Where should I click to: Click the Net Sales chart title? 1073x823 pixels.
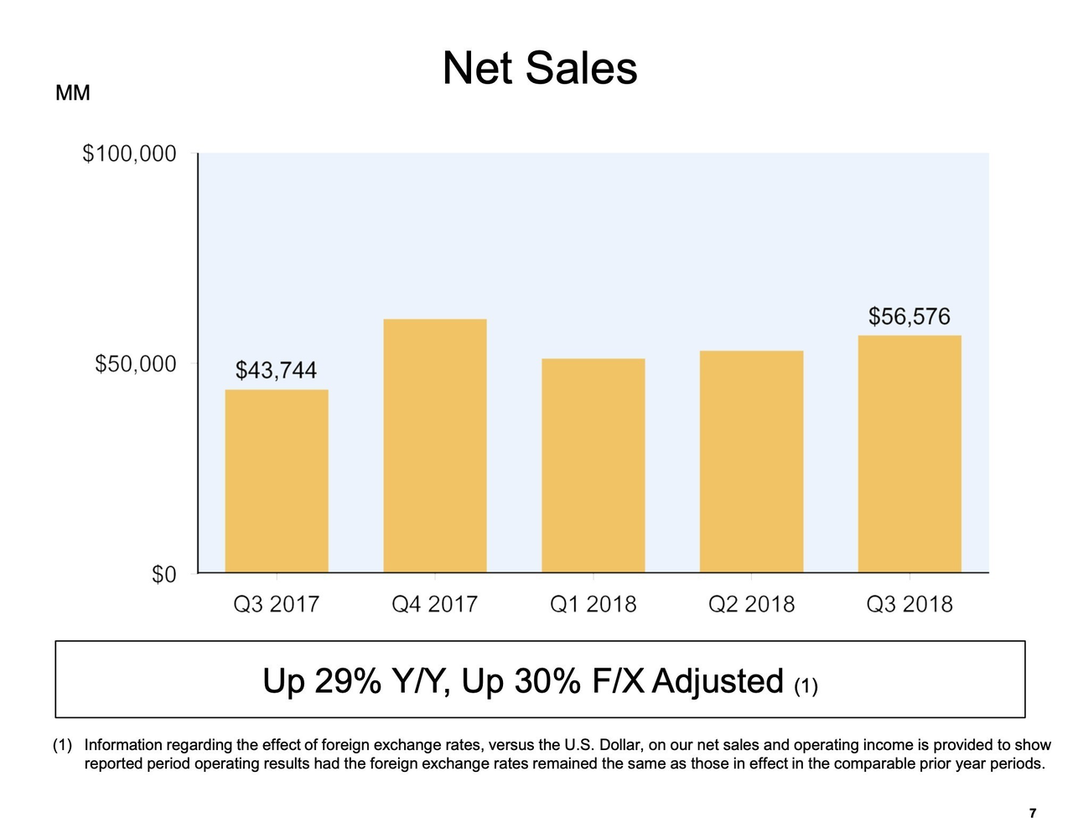(x=539, y=68)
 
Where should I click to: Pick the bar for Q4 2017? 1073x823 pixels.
(x=435, y=445)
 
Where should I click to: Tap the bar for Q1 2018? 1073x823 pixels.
(x=594, y=466)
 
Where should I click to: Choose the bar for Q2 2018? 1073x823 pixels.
(x=751, y=461)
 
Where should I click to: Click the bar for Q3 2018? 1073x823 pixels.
(x=910, y=454)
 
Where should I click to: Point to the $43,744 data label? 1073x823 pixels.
(x=276, y=370)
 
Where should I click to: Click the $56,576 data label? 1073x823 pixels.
(x=909, y=316)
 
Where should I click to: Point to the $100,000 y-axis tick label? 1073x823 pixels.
(x=129, y=154)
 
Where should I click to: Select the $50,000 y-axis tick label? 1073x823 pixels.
(x=135, y=363)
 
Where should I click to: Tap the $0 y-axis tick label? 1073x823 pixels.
(x=163, y=574)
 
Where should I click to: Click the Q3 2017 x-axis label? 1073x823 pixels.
(x=277, y=604)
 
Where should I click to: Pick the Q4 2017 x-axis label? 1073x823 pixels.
(x=435, y=604)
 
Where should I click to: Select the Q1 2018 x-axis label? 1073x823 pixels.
(x=594, y=604)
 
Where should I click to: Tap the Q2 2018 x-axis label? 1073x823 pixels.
(x=751, y=604)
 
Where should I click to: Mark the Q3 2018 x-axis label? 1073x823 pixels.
(x=910, y=604)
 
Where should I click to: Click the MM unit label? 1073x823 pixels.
(x=72, y=93)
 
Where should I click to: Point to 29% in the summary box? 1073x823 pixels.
(x=347, y=681)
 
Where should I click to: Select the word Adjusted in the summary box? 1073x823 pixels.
(x=717, y=681)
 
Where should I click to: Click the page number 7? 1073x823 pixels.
(x=1033, y=813)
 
